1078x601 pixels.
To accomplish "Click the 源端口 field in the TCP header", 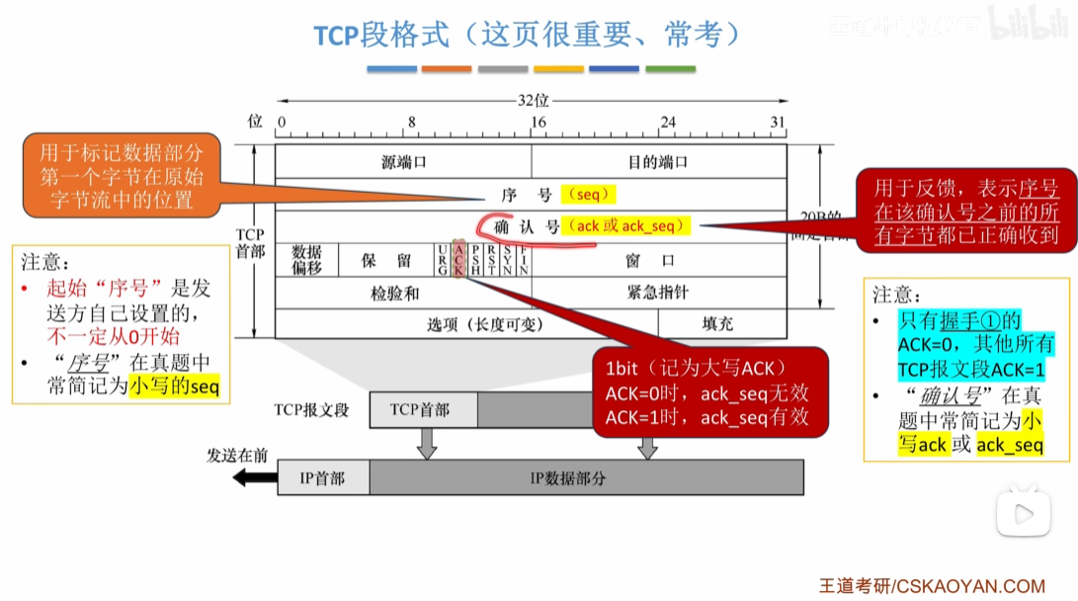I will click(x=403, y=162).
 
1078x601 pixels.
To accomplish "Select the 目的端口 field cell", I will click(x=658, y=162).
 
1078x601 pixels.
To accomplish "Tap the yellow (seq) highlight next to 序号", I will click(x=588, y=194).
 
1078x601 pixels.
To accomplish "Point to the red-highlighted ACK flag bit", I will click(x=458, y=259).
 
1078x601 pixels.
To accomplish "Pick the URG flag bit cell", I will click(x=442, y=259).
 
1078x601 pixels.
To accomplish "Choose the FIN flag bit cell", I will click(x=524, y=259).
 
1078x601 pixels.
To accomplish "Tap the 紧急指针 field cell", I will click(x=658, y=293).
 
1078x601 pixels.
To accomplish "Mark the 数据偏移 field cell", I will click(x=306, y=259).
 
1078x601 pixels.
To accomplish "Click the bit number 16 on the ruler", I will click(x=538, y=122).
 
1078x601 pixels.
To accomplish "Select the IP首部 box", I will click(x=323, y=477).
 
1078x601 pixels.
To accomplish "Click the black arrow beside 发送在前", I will click(x=253, y=478).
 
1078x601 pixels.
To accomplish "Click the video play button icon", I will click(x=1024, y=514).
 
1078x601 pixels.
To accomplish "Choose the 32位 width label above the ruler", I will click(x=533, y=101).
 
